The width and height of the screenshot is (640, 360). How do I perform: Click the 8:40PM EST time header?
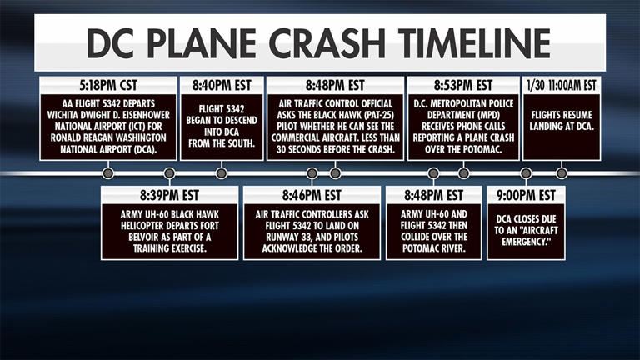(x=221, y=85)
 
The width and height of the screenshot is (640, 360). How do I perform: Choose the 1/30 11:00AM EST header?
(x=562, y=85)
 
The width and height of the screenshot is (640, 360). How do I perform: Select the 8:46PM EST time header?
(x=312, y=196)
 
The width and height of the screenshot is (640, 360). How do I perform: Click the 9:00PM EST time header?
(x=526, y=196)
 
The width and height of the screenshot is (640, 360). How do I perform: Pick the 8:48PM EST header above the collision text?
(x=432, y=196)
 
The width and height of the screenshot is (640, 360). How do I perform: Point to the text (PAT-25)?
(x=367, y=117)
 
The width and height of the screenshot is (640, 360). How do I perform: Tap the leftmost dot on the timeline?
(x=107, y=173)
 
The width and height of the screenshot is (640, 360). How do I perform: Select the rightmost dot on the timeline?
(x=562, y=173)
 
